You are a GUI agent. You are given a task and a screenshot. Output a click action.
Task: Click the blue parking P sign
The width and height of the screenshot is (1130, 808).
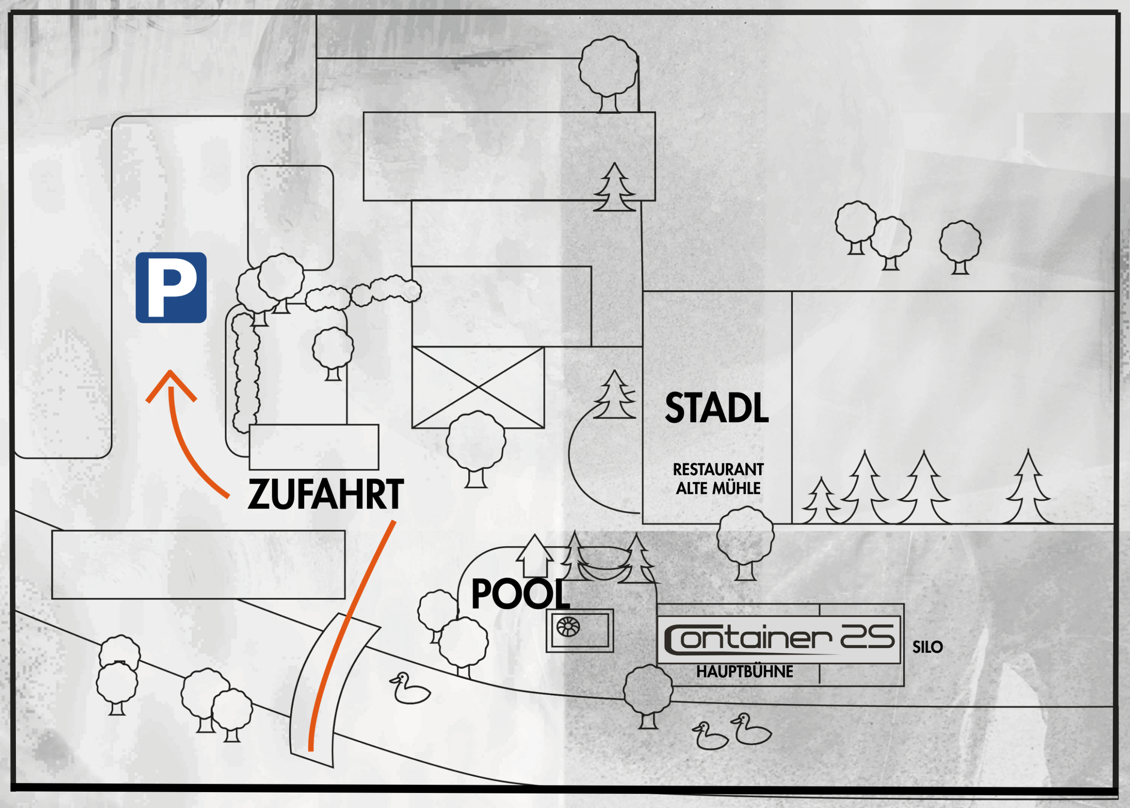pos(171,288)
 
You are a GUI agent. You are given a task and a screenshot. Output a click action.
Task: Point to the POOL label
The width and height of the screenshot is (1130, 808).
pos(520,594)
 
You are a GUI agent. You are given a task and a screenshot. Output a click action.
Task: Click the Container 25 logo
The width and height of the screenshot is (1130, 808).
pos(779,639)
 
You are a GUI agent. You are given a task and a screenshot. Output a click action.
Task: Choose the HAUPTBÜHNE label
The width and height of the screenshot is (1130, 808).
pos(745,671)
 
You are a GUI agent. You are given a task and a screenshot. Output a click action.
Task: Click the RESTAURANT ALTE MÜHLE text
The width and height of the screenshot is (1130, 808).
pos(718,478)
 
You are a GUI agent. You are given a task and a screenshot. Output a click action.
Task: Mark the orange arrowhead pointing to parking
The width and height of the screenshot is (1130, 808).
pos(171,386)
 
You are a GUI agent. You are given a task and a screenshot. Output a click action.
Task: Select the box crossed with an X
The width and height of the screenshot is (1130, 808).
pos(478,387)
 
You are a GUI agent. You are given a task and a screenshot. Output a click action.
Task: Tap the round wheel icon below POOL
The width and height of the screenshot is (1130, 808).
pos(568,626)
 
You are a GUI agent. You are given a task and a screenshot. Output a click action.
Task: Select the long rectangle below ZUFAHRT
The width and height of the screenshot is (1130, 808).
pos(198,565)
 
